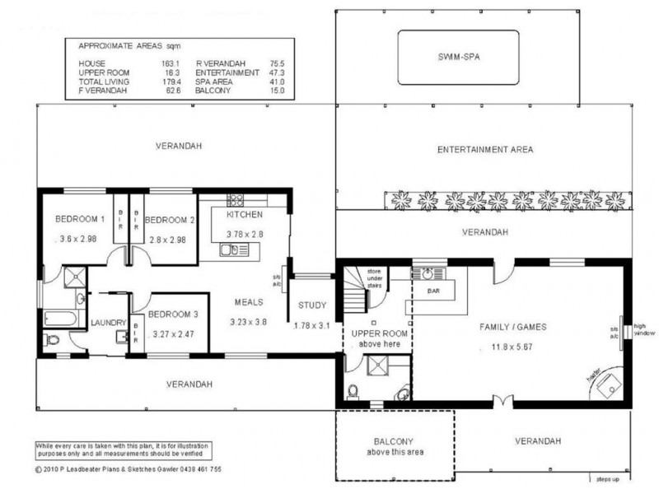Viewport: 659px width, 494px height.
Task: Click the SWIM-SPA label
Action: tap(458, 57)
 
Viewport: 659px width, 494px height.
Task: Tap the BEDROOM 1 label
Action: tap(80, 219)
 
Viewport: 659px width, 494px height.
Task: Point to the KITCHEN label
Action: tap(244, 214)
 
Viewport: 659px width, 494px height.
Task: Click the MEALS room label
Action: tap(248, 301)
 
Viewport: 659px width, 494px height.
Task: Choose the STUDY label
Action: tap(313, 305)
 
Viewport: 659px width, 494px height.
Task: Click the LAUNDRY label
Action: tap(107, 322)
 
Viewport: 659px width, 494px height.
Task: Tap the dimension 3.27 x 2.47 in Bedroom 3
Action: tap(178, 335)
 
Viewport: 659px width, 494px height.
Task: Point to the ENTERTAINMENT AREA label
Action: tap(485, 150)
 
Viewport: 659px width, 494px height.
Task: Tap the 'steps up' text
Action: tap(609, 477)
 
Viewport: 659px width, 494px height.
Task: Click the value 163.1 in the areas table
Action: tap(169, 63)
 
